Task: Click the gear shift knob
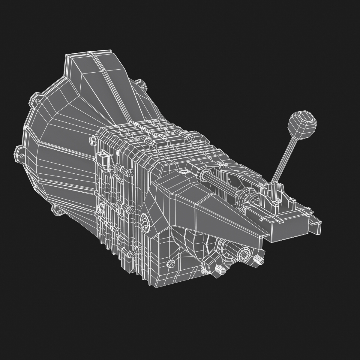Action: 302,123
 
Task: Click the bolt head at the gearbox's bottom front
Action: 171,264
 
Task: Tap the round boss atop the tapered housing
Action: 184,172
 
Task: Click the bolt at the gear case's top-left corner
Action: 93,140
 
